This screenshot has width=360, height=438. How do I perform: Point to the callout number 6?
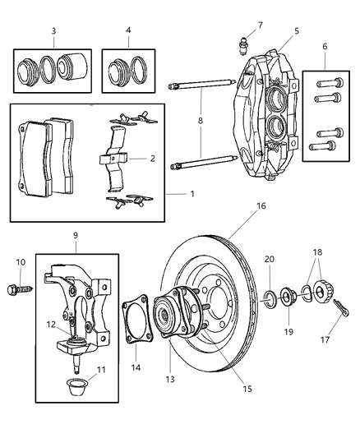[x=325, y=48]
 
